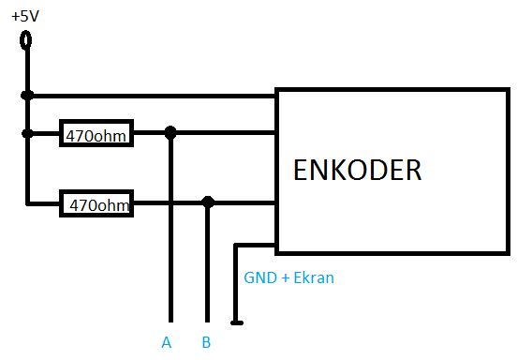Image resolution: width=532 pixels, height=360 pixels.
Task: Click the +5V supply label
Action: (24, 15)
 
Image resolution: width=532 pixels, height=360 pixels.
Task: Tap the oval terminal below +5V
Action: (26, 39)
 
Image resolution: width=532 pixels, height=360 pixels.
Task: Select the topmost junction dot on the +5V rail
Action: (27, 95)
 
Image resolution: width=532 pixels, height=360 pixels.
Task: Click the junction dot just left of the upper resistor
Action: (27, 133)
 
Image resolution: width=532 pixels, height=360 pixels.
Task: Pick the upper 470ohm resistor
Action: (96, 134)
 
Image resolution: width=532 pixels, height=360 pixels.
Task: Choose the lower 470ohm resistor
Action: (96, 202)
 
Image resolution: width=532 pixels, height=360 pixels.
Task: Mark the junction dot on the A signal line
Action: (170, 133)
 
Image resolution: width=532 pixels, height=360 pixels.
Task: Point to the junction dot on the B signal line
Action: (208, 202)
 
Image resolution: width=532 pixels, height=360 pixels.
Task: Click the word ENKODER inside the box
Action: (357, 171)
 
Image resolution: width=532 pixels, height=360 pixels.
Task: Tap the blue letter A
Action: (166, 342)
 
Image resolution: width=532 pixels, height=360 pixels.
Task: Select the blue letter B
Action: (206, 342)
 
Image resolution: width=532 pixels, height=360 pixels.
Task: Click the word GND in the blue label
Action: (259, 278)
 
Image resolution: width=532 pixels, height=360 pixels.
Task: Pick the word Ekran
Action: (313, 278)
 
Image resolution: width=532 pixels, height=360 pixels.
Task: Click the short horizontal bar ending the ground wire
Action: (237, 324)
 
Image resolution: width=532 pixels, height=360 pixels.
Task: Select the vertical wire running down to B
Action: (208, 272)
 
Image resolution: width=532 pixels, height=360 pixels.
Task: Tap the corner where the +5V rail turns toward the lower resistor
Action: (27, 202)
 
